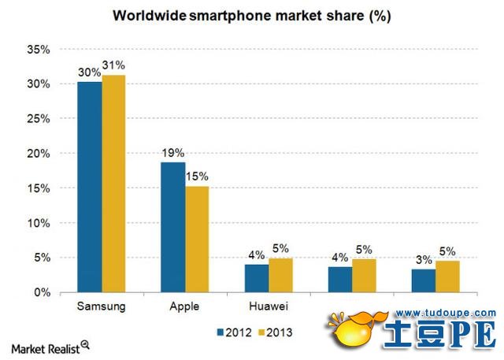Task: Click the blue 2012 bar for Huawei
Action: [x=257, y=278]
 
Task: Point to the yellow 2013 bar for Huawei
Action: [x=280, y=275]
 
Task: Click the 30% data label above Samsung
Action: [x=88, y=72]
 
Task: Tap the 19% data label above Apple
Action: [x=172, y=153]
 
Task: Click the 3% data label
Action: [x=423, y=258]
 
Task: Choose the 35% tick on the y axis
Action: [x=39, y=50]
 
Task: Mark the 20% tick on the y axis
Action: [x=39, y=154]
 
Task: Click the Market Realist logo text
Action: [x=46, y=347]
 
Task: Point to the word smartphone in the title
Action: [x=228, y=15]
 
